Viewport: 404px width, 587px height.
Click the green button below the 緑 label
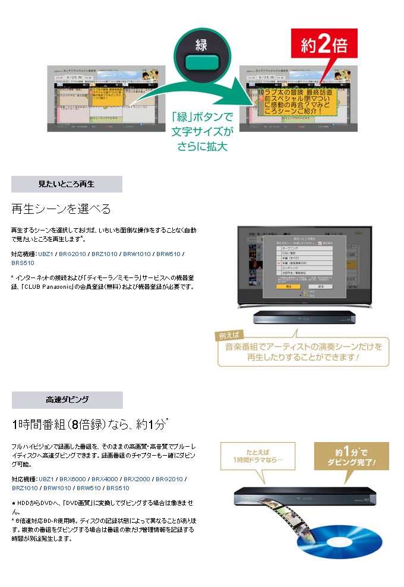coord(203,62)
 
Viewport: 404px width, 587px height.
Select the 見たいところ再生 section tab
coord(67,184)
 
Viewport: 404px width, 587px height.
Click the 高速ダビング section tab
coord(67,399)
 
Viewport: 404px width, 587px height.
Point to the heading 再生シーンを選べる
coord(61,209)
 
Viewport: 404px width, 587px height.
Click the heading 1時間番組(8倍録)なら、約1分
coord(89,424)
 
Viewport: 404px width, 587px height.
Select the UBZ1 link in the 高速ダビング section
coord(45,479)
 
